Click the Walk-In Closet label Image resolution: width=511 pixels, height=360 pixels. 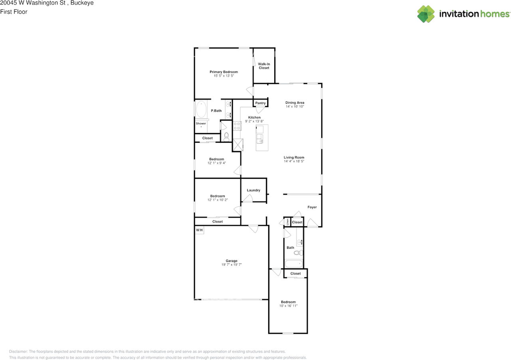(x=264, y=66)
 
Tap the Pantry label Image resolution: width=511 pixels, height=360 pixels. (x=260, y=103)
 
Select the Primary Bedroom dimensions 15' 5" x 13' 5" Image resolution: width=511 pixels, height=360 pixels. (x=224, y=76)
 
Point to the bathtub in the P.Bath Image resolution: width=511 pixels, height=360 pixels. (x=201, y=109)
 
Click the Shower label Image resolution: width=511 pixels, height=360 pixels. (x=201, y=123)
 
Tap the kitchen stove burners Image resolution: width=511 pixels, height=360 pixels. (x=237, y=126)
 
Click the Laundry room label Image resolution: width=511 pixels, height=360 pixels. (x=254, y=190)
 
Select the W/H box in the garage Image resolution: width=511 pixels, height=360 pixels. (x=199, y=230)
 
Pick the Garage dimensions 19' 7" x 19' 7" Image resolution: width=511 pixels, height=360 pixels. (x=232, y=265)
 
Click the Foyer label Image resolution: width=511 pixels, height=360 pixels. (x=312, y=207)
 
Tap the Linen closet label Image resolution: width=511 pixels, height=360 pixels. (x=287, y=222)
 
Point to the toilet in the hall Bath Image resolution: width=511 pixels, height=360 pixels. (x=298, y=253)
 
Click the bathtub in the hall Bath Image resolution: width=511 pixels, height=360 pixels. (x=294, y=264)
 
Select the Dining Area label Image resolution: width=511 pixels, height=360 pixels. (x=295, y=103)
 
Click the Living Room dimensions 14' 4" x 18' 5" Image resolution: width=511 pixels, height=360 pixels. (x=294, y=161)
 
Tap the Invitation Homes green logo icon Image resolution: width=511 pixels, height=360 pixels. (x=426, y=14)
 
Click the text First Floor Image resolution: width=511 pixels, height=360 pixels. (x=14, y=12)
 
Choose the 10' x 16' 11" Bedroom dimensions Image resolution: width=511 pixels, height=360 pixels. (x=289, y=306)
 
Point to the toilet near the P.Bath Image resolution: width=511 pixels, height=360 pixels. (x=226, y=137)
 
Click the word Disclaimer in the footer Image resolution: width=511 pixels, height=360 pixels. (x=18, y=352)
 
